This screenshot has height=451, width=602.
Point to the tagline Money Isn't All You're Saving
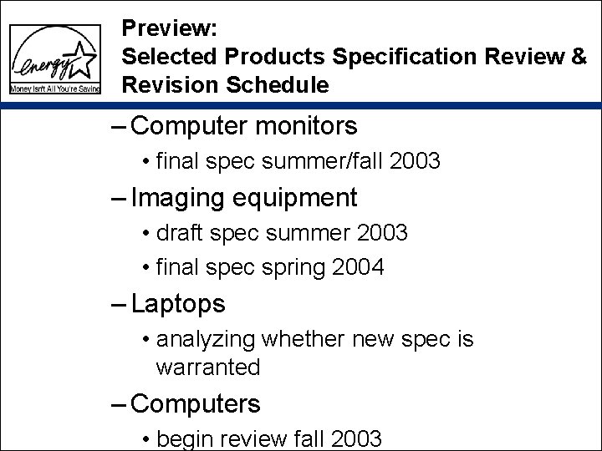click(x=55, y=88)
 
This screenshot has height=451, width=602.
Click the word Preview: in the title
click(x=170, y=28)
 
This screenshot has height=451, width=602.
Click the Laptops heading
click(x=178, y=305)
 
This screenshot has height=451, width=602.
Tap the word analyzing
click(x=207, y=340)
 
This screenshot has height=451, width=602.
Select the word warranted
click(x=208, y=366)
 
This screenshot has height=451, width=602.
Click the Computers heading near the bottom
click(x=196, y=404)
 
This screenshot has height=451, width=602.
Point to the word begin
click(x=181, y=438)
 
